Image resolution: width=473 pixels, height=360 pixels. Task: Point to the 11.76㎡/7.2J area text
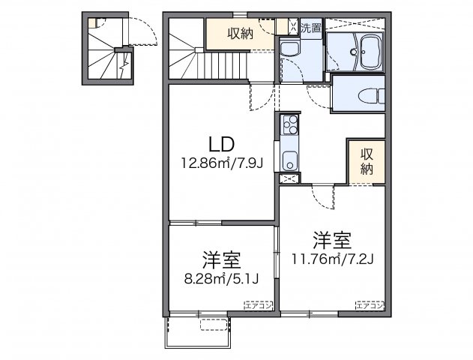pos(332,260)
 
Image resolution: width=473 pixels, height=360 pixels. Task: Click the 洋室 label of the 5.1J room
pos(220,262)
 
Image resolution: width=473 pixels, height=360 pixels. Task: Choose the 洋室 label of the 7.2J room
pos(332,241)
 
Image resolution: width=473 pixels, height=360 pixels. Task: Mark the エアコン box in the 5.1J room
pos(257,304)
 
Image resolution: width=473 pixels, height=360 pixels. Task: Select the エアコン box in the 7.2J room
pos(370,304)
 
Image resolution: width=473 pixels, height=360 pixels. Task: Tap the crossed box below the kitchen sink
pos(288,178)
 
